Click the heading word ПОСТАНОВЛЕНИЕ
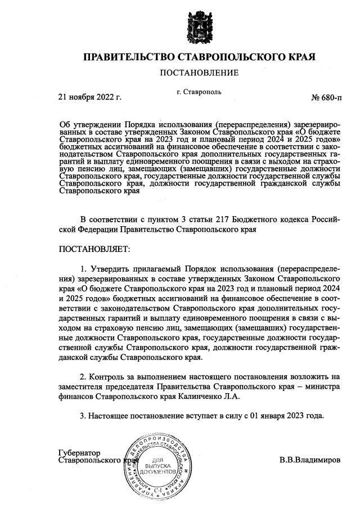point(199,73)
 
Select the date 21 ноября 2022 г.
point(90,97)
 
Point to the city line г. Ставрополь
point(199,92)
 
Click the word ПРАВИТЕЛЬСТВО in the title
point(129,57)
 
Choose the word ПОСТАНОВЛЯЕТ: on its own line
point(94,248)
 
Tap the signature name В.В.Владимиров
point(310,460)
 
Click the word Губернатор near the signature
point(79,452)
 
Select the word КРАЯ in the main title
point(300,57)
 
